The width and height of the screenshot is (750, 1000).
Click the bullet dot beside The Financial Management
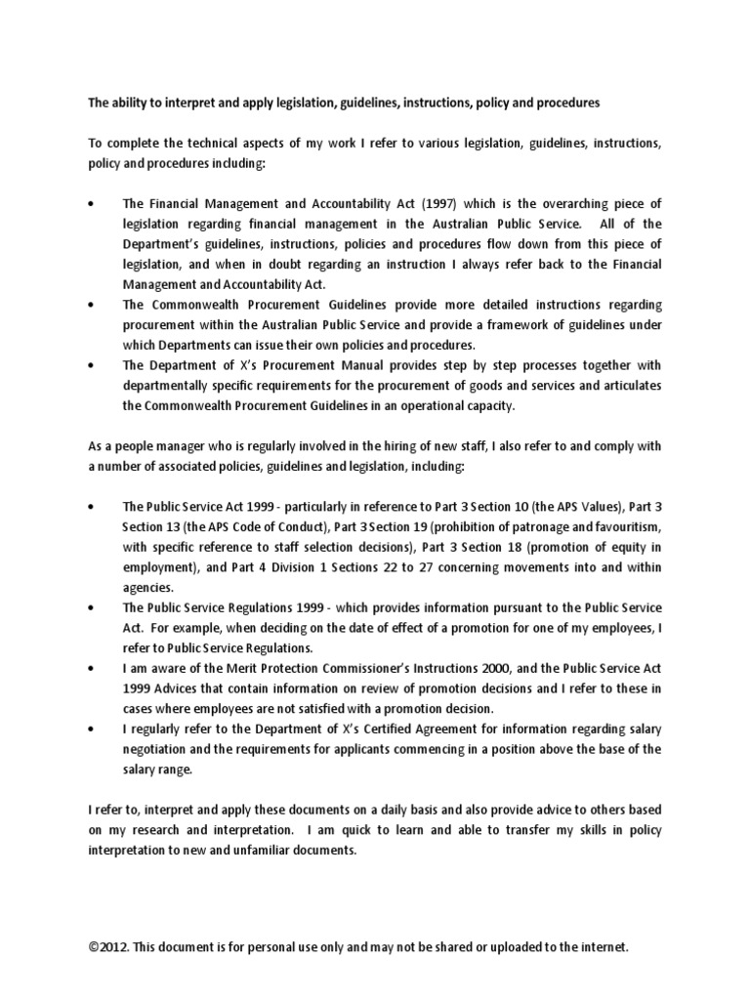pyautogui.click(x=92, y=203)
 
